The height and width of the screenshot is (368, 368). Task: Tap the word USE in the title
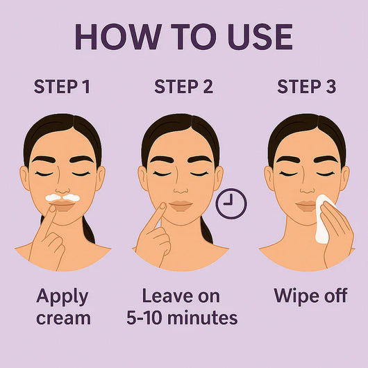point(254,37)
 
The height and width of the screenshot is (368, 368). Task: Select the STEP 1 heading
point(62,87)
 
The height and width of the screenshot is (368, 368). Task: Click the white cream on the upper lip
point(62,197)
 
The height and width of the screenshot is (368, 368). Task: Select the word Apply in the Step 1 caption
point(62,297)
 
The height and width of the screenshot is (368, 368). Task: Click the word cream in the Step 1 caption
point(63,318)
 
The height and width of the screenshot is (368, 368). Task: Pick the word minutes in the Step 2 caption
point(204,318)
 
